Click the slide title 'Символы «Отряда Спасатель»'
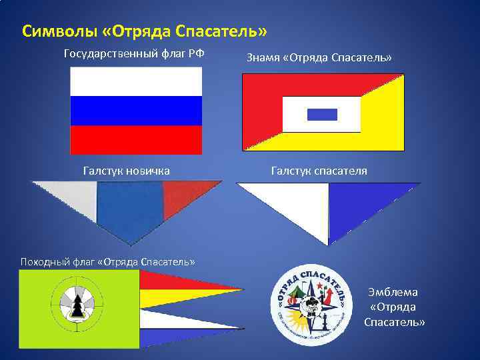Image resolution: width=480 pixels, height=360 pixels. pyautogui.click(x=145, y=31)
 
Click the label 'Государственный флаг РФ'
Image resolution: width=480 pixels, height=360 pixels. pyautogui.click(x=134, y=53)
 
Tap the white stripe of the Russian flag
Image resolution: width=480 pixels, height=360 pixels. pyautogui.click(x=136, y=81)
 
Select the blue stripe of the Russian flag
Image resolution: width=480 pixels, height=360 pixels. pyautogui.click(x=136, y=111)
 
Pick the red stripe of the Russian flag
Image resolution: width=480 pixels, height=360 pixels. pyautogui.click(x=136, y=139)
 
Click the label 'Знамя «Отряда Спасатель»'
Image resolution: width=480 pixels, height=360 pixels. pyautogui.click(x=319, y=58)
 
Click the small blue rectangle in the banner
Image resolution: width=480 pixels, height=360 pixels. pyautogui.click(x=322, y=114)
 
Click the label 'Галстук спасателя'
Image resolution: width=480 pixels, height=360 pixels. pyautogui.click(x=319, y=171)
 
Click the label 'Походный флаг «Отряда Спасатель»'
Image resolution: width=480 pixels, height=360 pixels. pyautogui.click(x=98, y=261)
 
